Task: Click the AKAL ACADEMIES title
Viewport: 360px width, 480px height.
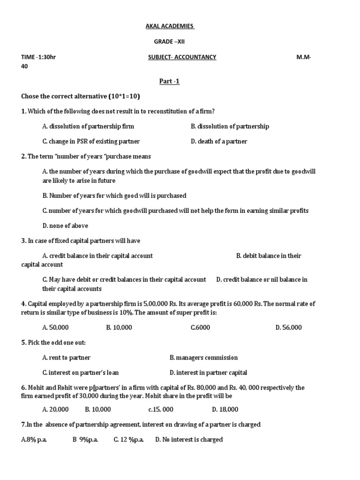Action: pos(170,26)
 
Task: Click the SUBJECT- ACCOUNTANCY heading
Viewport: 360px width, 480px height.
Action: pos(182,57)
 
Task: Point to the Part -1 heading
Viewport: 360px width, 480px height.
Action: pos(170,82)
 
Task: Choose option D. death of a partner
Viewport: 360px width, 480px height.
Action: pos(219,142)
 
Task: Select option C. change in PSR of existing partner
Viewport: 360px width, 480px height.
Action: pos(91,142)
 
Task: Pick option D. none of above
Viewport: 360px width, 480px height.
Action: pos(65,226)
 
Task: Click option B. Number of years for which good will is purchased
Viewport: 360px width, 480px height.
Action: pos(114,195)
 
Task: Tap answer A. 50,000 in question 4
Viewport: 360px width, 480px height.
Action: pos(55,328)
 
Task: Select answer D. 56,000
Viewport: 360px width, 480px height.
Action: pos(289,328)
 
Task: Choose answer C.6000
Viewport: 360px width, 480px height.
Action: pos(200,328)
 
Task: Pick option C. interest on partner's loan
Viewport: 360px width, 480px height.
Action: pos(80,373)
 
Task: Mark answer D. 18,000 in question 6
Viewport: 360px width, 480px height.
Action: pos(225,410)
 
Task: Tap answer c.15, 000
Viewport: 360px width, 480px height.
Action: pos(161,410)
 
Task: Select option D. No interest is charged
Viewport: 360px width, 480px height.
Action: pos(189,440)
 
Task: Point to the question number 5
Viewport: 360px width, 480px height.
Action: pos(23,343)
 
